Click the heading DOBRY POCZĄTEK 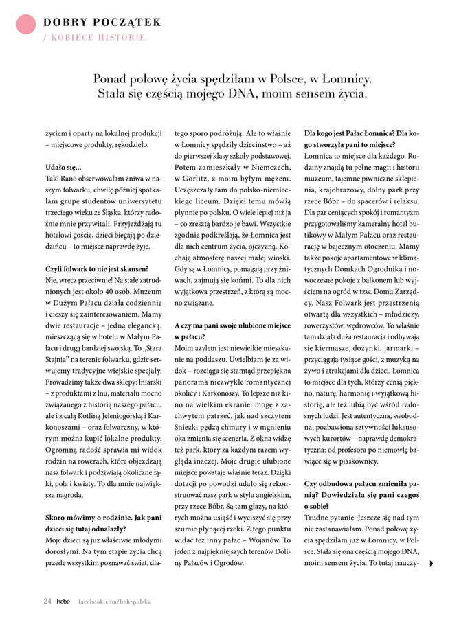[x=102, y=22]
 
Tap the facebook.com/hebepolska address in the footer [x=113, y=602]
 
